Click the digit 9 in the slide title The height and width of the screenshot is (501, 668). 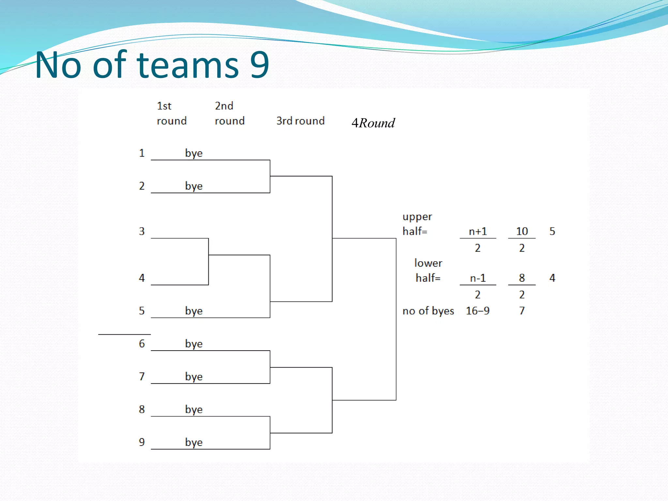(260, 65)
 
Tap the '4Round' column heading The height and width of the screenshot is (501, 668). (373, 123)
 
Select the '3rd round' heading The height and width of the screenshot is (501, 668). (300, 121)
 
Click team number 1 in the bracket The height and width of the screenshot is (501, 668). (142, 153)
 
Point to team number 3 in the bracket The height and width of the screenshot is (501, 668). (142, 231)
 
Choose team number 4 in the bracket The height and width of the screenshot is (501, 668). (142, 278)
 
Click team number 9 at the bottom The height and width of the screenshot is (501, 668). (142, 442)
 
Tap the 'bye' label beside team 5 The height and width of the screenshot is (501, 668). (194, 311)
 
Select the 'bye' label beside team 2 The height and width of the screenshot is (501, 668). (194, 186)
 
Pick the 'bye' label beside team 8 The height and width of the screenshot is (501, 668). (194, 410)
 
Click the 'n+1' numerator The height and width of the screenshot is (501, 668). (478, 231)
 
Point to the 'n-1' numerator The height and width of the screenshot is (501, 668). (478, 278)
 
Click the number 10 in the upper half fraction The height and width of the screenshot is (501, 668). (522, 231)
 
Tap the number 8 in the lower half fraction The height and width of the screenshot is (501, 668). (522, 278)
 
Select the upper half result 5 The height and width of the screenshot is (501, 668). (552, 231)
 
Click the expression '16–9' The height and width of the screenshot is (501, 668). (478, 311)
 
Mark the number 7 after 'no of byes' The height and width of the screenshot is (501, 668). (522, 311)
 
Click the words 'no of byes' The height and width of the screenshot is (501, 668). (428, 311)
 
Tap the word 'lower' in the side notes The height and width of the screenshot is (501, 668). (428, 263)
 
